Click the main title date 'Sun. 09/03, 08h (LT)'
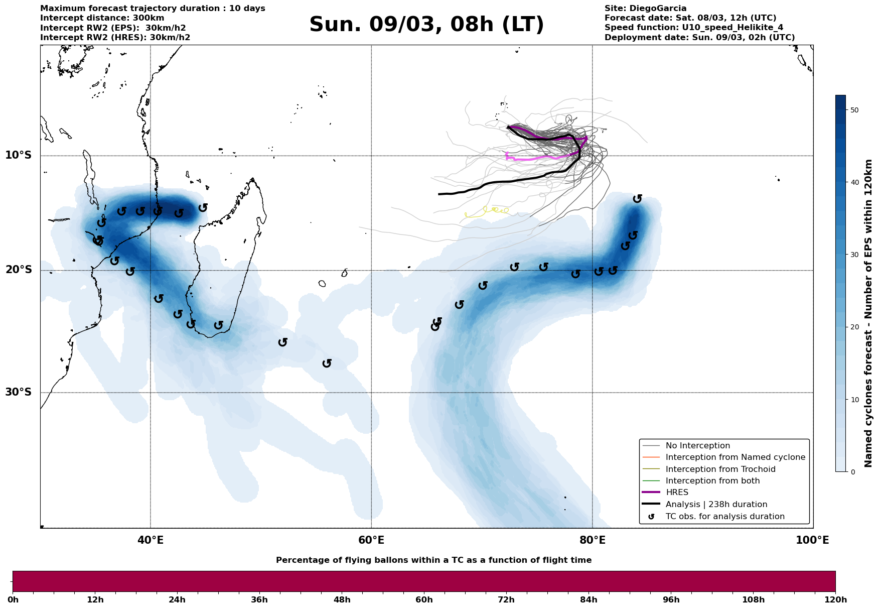pyautogui.click(x=426, y=25)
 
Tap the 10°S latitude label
pyautogui.click(x=19, y=155)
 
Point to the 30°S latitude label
pyautogui.click(x=19, y=392)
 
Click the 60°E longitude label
pyautogui.click(x=371, y=540)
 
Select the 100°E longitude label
pyautogui.click(x=813, y=540)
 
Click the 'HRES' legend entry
pyautogui.click(x=677, y=493)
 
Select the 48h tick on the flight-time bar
pyautogui.click(x=342, y=599)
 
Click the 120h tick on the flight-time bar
pyautogui.click(x=835, y=599)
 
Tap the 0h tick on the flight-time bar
pyautogui.click(x=13, y=599)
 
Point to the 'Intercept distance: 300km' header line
pyautogui.click(x=102, y=18)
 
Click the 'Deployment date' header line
pyautogui.click(x=700, y=38)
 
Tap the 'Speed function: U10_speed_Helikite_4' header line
pyautogui.click(x=694, y=28)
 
